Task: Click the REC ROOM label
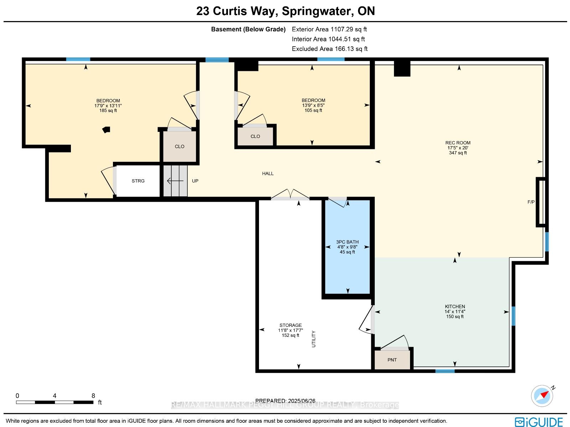point(458,143)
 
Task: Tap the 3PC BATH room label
point(347,242)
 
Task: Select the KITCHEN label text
point(455,307)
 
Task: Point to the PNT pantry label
point(392,360)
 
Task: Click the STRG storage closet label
point(138,181)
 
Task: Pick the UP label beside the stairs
point(195,181)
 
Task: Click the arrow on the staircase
point(175,180)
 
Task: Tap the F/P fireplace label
point(531,202)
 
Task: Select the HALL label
point(268,174)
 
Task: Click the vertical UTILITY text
point(313,339)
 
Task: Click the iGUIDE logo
point(539,422)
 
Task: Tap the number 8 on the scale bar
point(93,396)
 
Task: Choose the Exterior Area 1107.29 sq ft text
point(329,29)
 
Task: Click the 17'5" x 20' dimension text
point(458,148)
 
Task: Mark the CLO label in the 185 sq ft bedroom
point(180,146)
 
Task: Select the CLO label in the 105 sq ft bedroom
point(255,137)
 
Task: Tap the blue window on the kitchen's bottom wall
point(445,371)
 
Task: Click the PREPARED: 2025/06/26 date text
point(285,401)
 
